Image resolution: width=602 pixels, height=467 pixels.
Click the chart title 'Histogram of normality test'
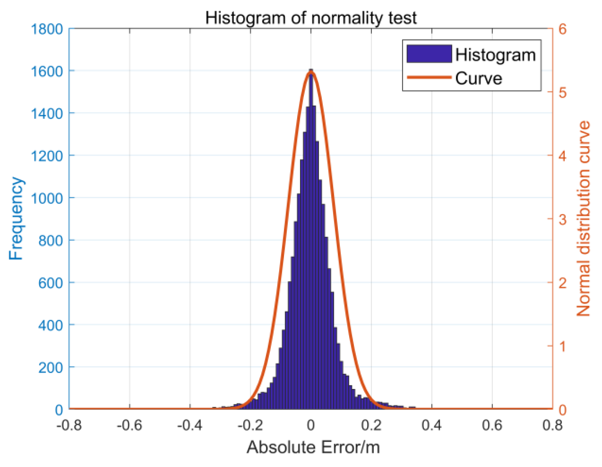coord(311,17)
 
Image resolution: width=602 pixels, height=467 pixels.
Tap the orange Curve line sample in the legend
coord(429,77)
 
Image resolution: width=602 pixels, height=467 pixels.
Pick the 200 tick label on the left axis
coord(51,367)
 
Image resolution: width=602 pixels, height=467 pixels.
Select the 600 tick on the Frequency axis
coord(51,283)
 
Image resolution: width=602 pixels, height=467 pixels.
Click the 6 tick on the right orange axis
coord(562,29)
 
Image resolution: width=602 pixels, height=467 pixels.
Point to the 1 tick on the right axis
coord(562,346)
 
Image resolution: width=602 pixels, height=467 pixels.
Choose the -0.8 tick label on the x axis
coord(69,425)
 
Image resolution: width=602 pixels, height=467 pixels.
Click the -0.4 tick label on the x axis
coord(190,425)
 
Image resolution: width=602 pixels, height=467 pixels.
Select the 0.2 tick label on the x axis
coord(372,425)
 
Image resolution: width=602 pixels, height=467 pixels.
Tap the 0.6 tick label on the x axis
coord(492,425)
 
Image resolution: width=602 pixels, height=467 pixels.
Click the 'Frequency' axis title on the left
coord(16,219)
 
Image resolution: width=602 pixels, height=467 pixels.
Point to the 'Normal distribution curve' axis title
coord(583,219)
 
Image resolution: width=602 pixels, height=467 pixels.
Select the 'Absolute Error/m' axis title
coord(313,447)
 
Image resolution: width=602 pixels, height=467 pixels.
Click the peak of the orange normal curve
coord(311,72)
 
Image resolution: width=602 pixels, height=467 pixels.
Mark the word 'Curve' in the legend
coord(479,78)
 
